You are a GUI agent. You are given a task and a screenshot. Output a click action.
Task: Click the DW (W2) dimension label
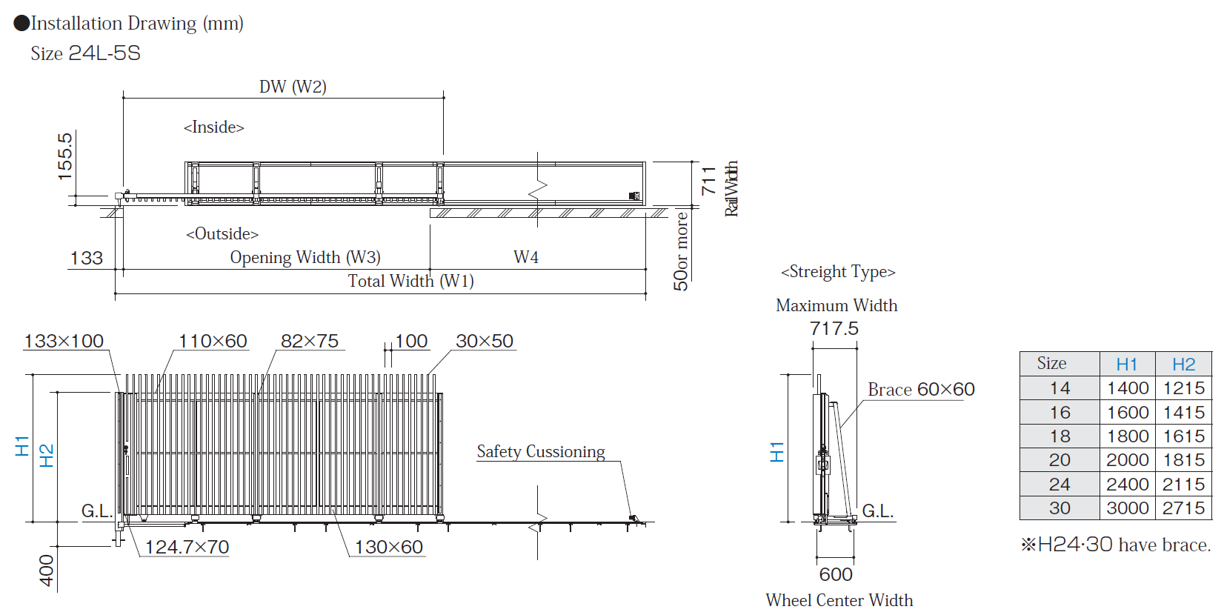(293, 87)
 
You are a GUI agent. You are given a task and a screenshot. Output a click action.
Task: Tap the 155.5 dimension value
(64, 157)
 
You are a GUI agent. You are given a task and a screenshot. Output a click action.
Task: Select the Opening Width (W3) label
(305, 257)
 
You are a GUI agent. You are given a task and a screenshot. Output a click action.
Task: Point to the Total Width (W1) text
(411, 281)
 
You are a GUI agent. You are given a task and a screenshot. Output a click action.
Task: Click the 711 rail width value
(708, 181)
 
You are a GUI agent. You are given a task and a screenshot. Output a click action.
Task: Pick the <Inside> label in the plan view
(213, 127)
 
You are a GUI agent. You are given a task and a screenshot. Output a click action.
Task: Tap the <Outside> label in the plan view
(222, 234)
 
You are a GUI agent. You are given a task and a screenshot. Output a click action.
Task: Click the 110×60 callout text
(213, 341)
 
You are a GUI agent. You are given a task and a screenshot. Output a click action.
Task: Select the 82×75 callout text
(310, 341)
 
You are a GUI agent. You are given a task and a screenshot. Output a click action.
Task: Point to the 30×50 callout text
(485, 341)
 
